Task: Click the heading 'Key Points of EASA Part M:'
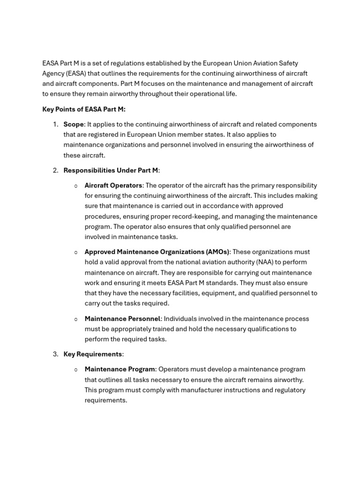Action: pyautogui.click(x=84, y=109)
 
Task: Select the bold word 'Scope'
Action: pyautogui.click(x=74, y=124)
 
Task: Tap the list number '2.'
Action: pyautogui.click(x=56, y=170)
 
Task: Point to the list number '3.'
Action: pyautogui.click(x=56, y=354)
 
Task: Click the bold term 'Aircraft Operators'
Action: pyautogui.click(x=113, y=185)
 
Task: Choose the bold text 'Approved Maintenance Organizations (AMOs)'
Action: pyautogui.click(x=157, y=252)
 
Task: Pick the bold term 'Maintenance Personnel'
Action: pyautogui.click(x=122, y=318)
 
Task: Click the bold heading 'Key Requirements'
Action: pyautogui.click(x=92, y=354)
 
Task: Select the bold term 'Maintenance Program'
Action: pyautogui.click(x=120, y=369)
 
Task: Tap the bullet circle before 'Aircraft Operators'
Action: pyautogui.click(x=76, y=186)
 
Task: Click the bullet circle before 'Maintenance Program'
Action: pyautogui.click(x=76, y=369)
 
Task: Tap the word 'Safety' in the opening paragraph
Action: pyautogui.click(x=287, y=63)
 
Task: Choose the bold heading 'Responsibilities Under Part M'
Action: pyautogui.click(x=111, y=170)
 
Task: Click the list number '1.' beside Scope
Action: pyautogui.click(x=56, y=124)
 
